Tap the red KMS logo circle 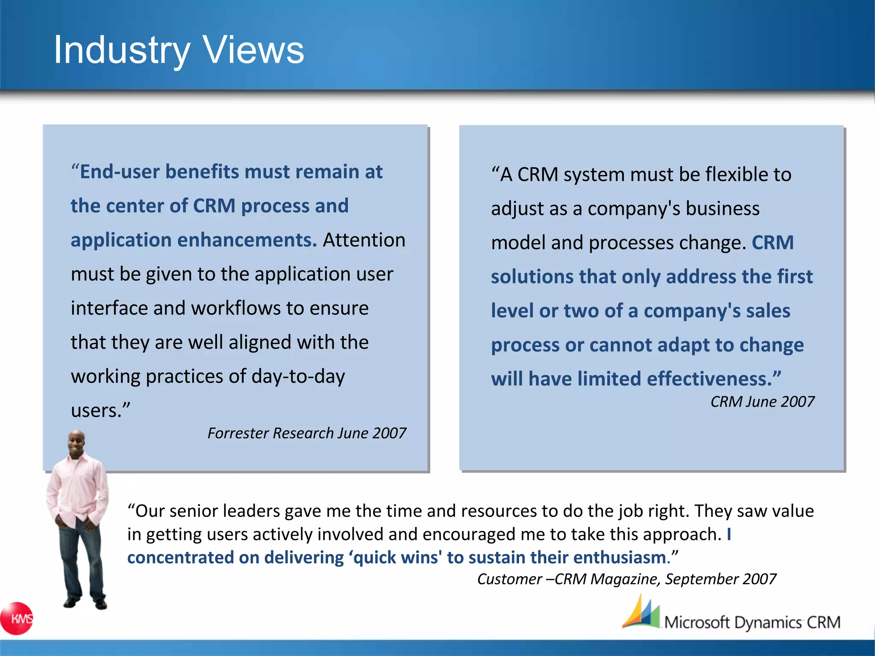pos(17,618)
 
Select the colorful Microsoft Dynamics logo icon pos(641,613)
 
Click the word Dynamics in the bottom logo pos(768,623)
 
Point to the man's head pos(77,442)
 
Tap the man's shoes pos(85,603)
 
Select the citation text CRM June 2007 pos(762,402)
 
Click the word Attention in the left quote pos(364,240)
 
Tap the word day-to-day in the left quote pos(298,377)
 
